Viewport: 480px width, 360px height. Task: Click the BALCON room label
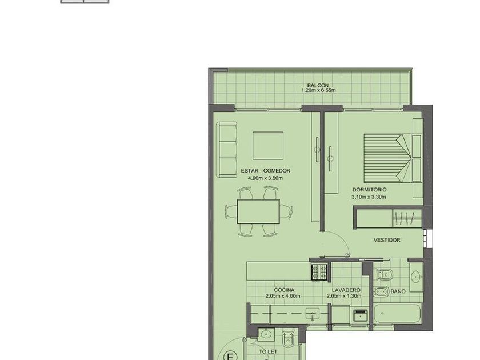tap(318, 85)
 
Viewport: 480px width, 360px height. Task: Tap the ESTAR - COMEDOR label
tap(265, 171)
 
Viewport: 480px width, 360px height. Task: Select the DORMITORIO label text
tap(369, 190)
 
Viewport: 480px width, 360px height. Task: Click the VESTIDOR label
tap(387, 240)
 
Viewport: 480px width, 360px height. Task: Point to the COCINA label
tap(284, 290)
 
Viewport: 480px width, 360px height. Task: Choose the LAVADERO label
tap(346, 290)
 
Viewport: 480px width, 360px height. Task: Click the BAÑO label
tap(398, 291)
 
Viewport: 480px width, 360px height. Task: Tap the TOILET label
tap(268, 352)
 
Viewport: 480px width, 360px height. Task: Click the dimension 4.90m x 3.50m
tap(265, 178)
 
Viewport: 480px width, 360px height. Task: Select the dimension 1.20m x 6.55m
tap(318, 90)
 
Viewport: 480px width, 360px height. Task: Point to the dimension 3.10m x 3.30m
tap(369, 197)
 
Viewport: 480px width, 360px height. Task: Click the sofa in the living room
tap(227, 150)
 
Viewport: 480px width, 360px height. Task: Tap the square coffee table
tap(268, 146)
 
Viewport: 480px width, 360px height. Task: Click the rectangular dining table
tap(258, 212)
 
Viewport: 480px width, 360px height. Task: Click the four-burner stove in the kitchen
tap(319, 272)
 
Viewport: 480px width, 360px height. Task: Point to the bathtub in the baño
tap(397, 314)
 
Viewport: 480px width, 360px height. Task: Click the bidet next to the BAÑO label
tap(381, 292)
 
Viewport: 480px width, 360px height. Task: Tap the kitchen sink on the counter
tap(312, 314)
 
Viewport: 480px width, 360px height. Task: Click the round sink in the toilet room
tap(266, 334)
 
